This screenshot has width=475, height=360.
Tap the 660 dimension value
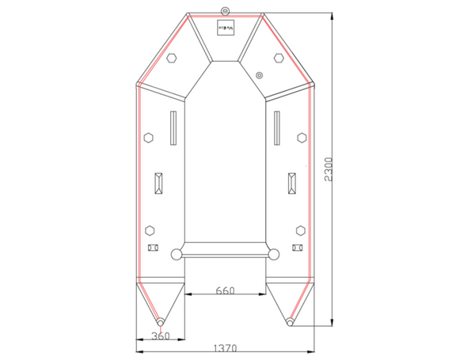tap(226, 291)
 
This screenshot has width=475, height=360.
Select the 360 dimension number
tap(159, 336)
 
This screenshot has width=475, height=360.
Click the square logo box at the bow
tap(226, 28)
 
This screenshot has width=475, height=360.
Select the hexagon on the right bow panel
tap(278, 58)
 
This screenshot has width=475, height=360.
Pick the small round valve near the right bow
tap(260, 75)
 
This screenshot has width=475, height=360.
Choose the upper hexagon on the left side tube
tap(149, 138)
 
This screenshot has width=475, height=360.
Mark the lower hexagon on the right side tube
tap(300, 230)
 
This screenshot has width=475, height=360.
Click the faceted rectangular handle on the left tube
tap(159, 184)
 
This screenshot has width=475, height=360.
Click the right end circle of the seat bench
tap(274, 255)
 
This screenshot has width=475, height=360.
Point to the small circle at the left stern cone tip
tap(161, 323)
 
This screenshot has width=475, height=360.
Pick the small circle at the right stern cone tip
tap(290, 323)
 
